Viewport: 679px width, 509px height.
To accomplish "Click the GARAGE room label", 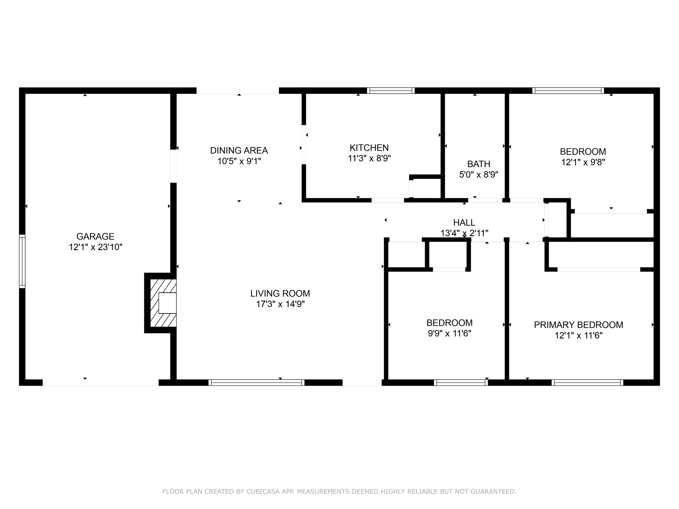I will [95, 236].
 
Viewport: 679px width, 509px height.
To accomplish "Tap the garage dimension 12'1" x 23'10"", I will [95, 247].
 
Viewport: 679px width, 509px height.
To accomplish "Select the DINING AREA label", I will [239, 150].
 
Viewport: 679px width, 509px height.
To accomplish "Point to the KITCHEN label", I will [369, 147].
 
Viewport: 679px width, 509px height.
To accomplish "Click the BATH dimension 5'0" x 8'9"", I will [478, 175].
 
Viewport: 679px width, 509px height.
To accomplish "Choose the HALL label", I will [464, 222].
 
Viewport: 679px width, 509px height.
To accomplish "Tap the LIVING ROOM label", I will [280, 293].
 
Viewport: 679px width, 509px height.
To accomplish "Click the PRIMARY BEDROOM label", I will [578, 325].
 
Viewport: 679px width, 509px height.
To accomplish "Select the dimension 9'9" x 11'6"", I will [449, 333].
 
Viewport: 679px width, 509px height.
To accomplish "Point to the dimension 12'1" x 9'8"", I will [583, 162].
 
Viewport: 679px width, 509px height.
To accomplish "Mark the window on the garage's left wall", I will [22, 261].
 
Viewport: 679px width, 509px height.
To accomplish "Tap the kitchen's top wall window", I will [391, 90].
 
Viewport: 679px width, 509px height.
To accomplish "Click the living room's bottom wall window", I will [256, 382].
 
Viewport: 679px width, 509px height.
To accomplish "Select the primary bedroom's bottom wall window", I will [587, 382].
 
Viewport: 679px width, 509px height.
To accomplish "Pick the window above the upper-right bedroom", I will [568, 90].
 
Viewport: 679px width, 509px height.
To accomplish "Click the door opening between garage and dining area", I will [173, 166].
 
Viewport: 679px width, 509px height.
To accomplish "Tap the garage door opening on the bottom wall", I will [100, 382].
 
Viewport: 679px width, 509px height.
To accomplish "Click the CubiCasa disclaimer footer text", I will [339, 491].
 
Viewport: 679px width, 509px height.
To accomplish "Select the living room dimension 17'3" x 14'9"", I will [280, 304].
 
